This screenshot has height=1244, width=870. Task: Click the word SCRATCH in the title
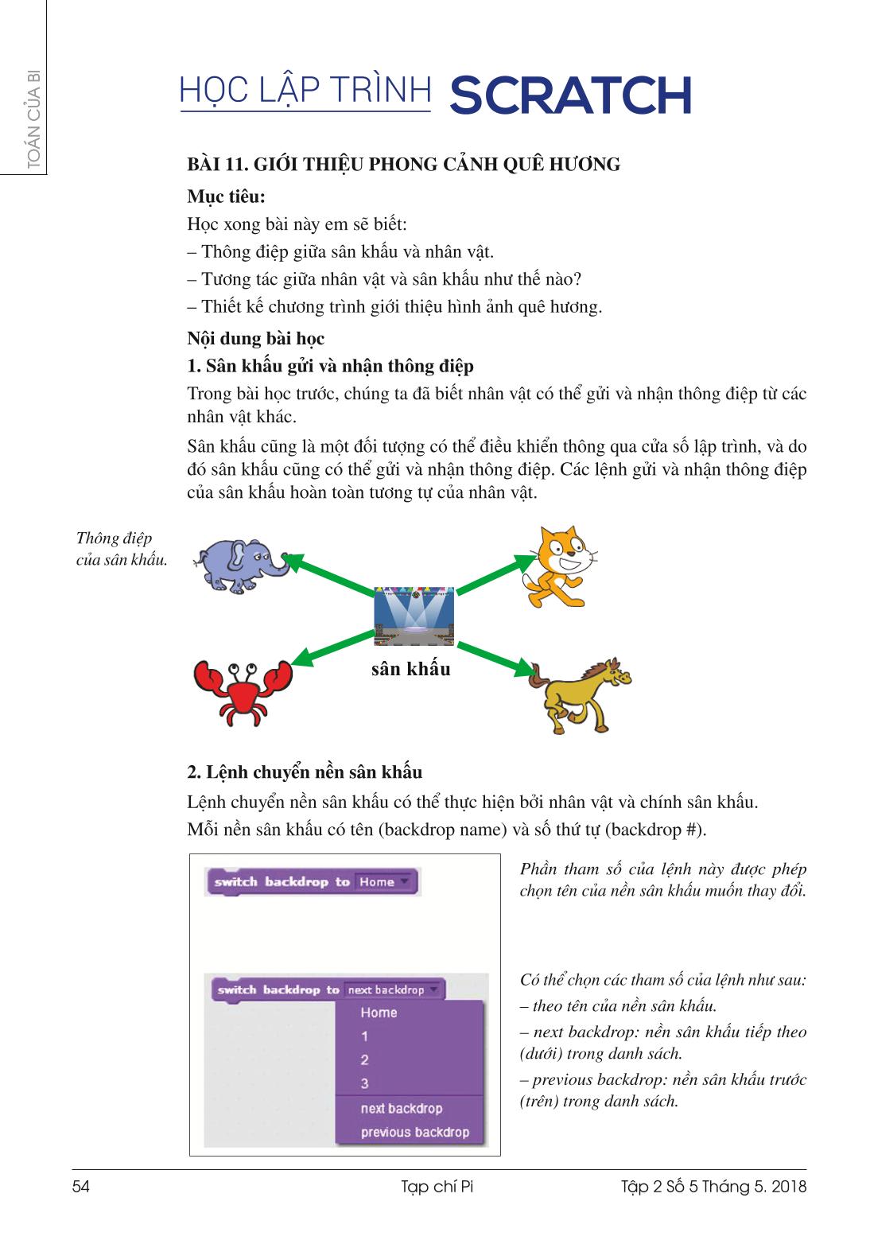tap(570, 96)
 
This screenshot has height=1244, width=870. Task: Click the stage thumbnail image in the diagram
tap(414, 616)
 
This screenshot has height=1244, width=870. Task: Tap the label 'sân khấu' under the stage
tap(410, 669)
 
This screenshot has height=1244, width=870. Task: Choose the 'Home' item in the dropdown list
tap(379, 1013)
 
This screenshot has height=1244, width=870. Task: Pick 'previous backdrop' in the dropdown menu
tap(414, 1132)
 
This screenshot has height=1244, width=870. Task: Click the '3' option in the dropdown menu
tap(365, 1083)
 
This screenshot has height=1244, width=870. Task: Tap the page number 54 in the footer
tap(81, 1187)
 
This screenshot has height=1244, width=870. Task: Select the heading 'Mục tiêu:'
tap(226, 196)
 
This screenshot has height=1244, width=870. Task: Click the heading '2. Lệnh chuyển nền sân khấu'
tap(305, 772)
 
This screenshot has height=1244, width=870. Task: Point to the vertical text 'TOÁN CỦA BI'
tap(33, 119)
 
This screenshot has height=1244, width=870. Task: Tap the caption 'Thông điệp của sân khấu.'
tap(121, 549)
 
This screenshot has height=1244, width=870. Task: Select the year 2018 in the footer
tap(788, 1187)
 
